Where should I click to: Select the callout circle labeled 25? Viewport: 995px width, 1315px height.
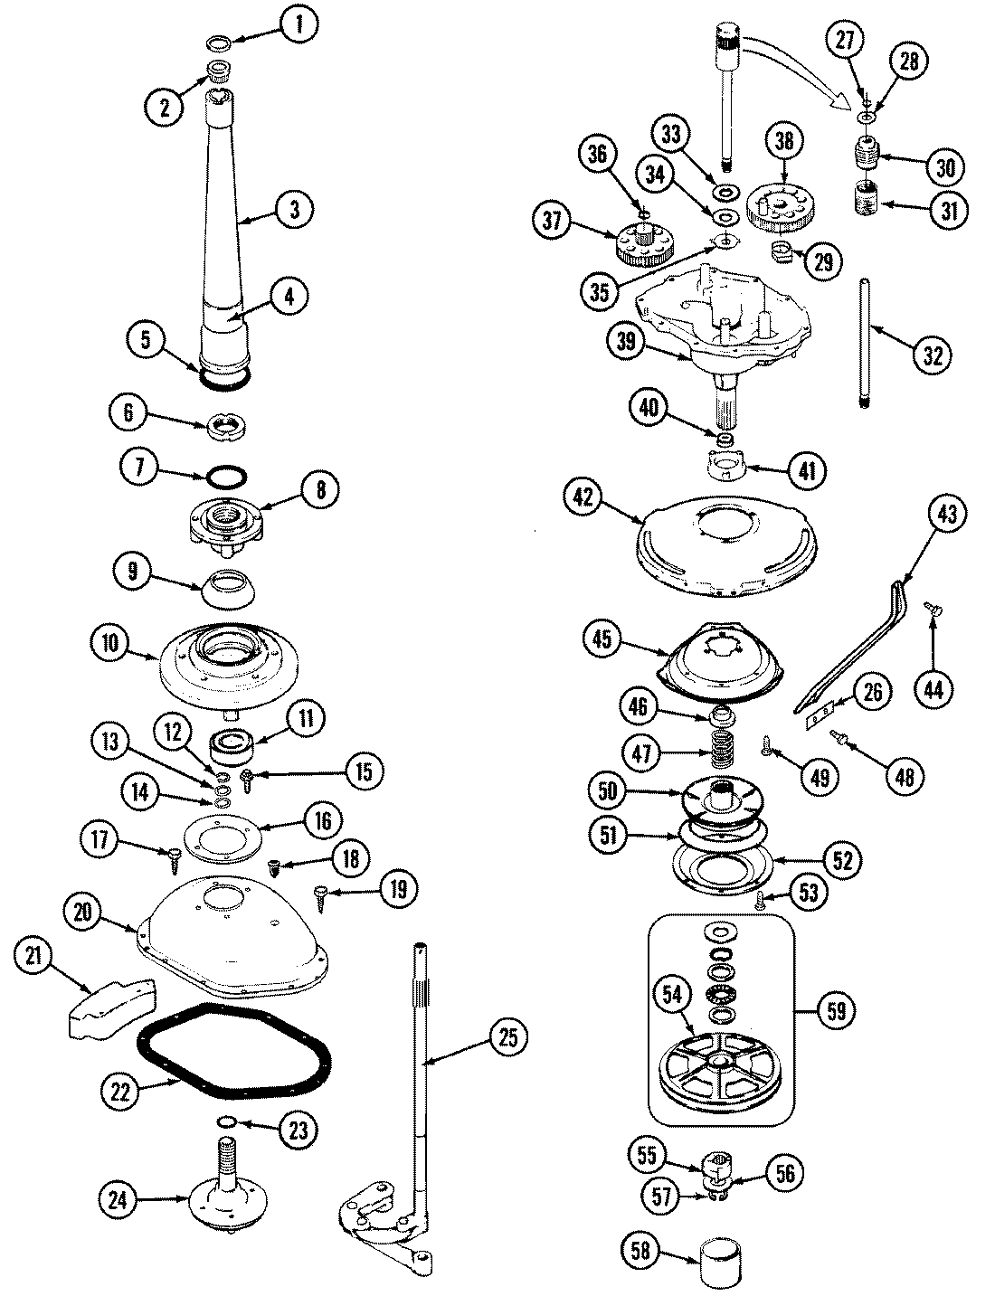pos(508,1038)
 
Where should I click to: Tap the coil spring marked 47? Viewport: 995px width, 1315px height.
pos(722,752)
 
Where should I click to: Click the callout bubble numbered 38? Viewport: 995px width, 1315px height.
pos(784,139)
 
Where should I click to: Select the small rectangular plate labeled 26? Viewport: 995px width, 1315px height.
pos(819,717)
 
